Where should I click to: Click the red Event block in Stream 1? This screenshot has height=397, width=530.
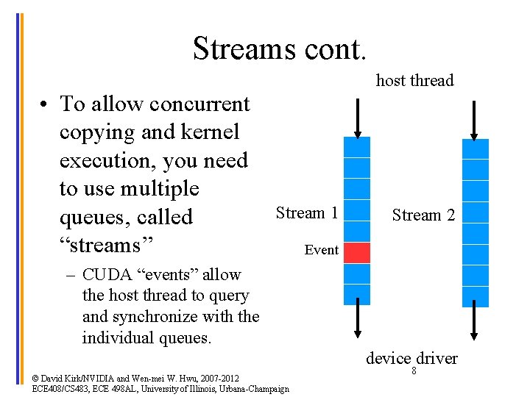[x=357, y=252]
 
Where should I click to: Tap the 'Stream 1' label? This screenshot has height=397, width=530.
[x=307, y=213]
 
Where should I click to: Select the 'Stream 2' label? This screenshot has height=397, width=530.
[x=423, y=215]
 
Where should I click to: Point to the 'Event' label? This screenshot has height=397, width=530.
[x=321, y=250]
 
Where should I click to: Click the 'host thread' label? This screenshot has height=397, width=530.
[x=414, y=80]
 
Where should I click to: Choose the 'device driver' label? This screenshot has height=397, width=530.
[x=411, y=358]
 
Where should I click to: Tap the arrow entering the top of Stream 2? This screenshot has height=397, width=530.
[x=475, y=120]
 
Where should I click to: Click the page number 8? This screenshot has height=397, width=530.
[x=414, y=371]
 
